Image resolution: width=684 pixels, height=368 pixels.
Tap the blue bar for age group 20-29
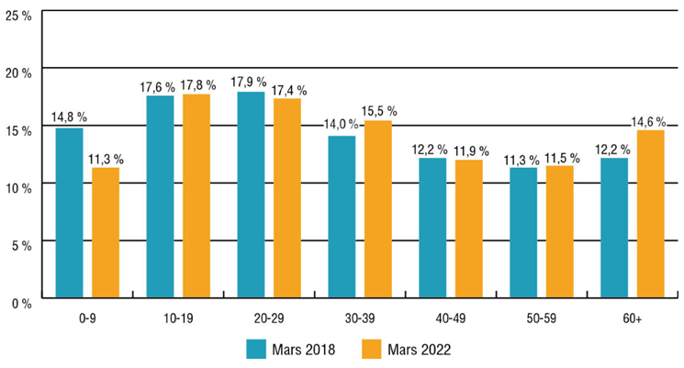pos(251,195)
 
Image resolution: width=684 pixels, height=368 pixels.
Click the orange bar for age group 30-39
pos(378,208)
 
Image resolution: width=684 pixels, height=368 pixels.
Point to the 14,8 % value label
pos(69,117)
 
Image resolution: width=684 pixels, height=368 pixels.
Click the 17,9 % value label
pos(251,82)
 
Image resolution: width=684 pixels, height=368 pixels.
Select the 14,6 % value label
pos(651,119)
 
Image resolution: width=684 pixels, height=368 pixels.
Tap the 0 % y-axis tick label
pos(22,302)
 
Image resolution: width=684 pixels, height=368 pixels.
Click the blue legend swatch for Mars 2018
pos(256,350)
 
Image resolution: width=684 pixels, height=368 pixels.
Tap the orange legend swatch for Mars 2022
pos(374,350)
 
